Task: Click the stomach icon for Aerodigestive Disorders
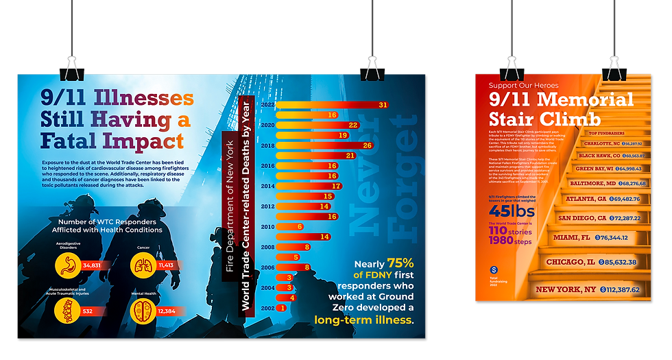pos(68,265)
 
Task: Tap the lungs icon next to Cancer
pos(143,265)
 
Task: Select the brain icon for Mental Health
pos(143,311)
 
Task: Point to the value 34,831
pos(91,265)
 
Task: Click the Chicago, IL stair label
pos(571,262)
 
